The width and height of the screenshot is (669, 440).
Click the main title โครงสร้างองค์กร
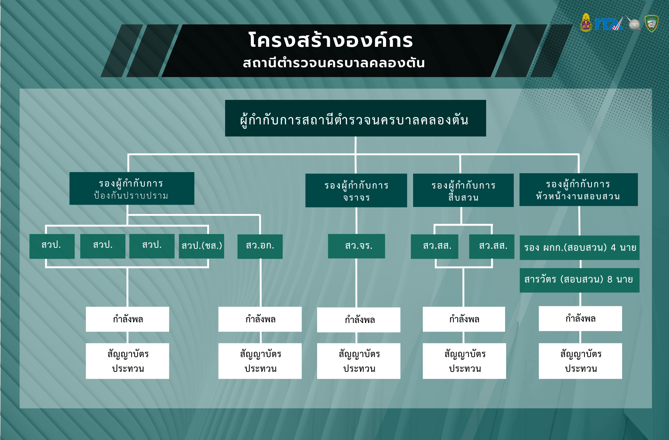(x=330, y=41)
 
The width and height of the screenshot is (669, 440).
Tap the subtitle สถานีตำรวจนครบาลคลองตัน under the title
(x=333, y=63)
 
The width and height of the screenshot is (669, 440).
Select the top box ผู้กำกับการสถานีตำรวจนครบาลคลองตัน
(x=355, y=118)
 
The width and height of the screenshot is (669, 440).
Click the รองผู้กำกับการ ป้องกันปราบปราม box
(x=131, y=189)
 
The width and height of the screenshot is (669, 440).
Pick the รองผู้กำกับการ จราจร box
(x=356, y=191)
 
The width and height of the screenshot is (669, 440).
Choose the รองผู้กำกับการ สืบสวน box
(x=463, y=191)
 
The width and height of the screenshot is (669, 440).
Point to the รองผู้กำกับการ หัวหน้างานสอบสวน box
(x=578, y=190)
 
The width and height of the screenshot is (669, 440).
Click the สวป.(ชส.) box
(x=201, y=246)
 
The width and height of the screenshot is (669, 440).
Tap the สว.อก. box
(x=260, y=246)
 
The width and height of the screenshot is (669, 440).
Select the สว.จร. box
(x=357, y=246)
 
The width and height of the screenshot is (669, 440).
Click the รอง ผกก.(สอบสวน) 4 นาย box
(x=579, y=248)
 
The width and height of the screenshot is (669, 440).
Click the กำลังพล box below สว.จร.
(x=359, y=320)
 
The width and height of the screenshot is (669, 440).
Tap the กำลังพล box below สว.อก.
(x=260, y=319)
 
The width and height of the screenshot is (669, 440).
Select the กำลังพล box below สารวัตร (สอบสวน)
(x=580, y=319)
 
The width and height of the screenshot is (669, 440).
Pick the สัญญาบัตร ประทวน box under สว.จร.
(x=359, y=361)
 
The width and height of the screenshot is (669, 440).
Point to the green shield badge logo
(x=651, y=23)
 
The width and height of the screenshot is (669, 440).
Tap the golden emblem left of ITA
(x=586, y=23)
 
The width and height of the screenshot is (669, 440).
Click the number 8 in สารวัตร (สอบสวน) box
(x=610, y=280)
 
